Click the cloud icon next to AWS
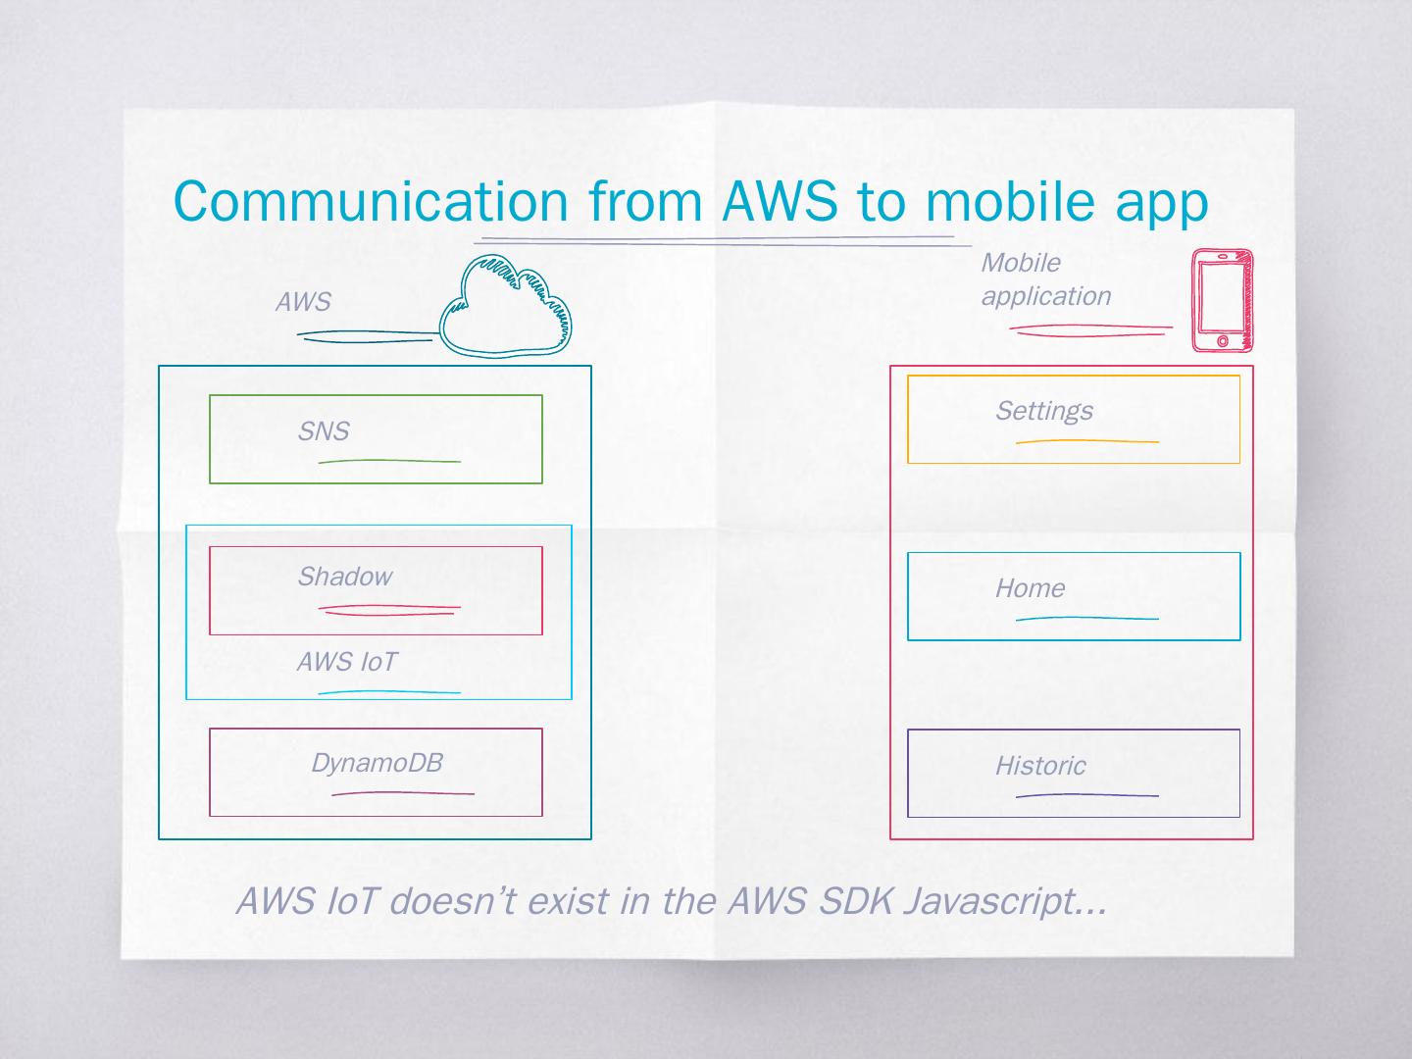pyautogui.click(x=505, y=304)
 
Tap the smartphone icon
pyautogui.click(x=1222, y=299)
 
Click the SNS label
pyautogui.click(x=324, y=431)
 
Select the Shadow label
pyautogui.click(x=344, y=577)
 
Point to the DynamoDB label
pyautogui.click(x=377, y=763)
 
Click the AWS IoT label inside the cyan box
pyautogui.click(x=347, y=662)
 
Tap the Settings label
pyautogui.click(x=1043, y=411)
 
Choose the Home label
pyautogui.click(x=1030, y=588)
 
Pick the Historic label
pyautogui.click(x=1040, y=766)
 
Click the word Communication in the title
pyautogui.click(x=371, y=201)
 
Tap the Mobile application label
pyautogui.click(x=1045, y=279)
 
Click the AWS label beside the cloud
pyautogui.click(x=303, y=302)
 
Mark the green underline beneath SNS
pyautogui.click(x=389, y=460)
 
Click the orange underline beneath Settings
pyautogui.click(x=1086, y=441)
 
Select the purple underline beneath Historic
pyautogui.click(x=1086, y=795)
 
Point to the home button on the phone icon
pyautogui.click(x=1222, y=341)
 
